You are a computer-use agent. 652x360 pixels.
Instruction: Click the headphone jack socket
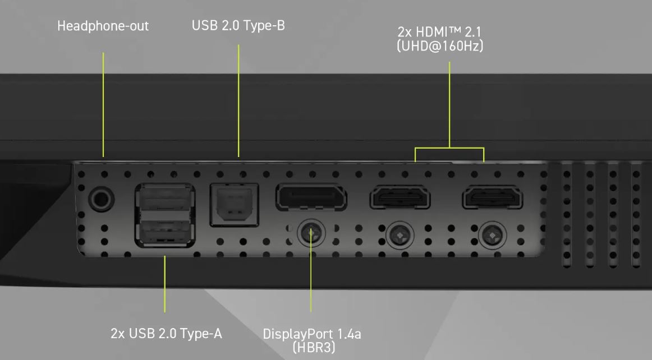(102, 199)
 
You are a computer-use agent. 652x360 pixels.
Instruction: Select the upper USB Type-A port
(165, 199)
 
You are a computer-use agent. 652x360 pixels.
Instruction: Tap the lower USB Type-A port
(165, 230)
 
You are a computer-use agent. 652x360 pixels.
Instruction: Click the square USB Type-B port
(235, 205)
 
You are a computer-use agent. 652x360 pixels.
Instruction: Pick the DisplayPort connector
(311, 197)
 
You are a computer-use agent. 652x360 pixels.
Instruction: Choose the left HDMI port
(400, 197)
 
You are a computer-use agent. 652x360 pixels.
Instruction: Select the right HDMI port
(492, 197)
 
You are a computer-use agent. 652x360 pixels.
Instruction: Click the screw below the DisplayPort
(311, 233)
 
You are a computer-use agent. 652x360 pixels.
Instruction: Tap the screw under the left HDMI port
(400, 236)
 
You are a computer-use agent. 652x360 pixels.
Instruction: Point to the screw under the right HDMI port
(492, 236)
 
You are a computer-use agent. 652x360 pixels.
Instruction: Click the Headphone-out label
(103, 26)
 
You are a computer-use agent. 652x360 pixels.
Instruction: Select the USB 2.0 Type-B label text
(238, 26)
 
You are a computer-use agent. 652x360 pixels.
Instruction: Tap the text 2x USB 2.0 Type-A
(166, 334)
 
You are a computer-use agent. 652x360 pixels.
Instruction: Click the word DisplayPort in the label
(298, 334)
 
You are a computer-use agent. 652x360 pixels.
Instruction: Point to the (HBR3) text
(314, 347)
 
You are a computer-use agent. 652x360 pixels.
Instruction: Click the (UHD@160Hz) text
(440, 46)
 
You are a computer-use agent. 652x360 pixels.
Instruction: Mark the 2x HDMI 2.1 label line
(439, 31)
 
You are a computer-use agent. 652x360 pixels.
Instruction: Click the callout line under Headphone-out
(103, 104)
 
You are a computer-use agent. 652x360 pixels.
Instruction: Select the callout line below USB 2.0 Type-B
(238, 100)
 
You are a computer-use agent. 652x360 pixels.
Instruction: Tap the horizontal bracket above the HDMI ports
(449, 147)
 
